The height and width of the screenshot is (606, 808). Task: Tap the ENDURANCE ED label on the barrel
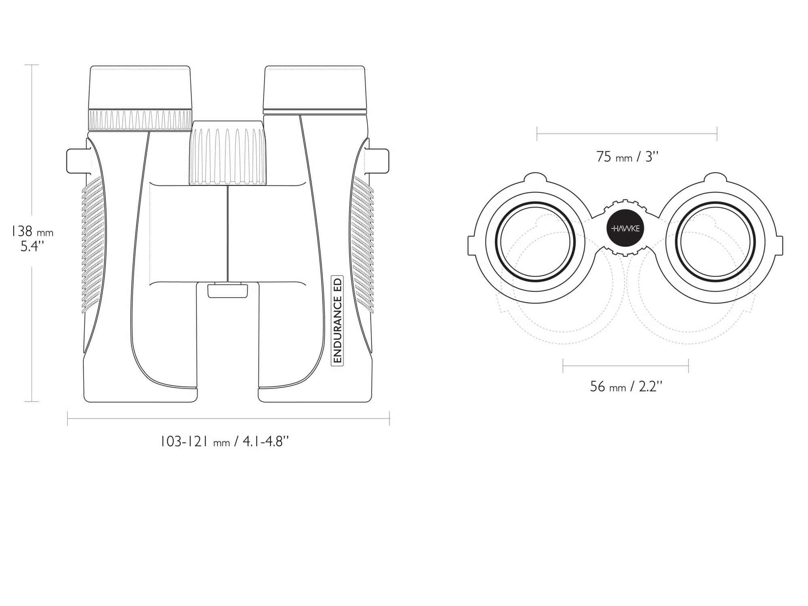coord(337,320)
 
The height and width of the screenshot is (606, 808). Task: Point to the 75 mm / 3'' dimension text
coord(627,157)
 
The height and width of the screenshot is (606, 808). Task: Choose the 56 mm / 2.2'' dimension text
coord(626,387)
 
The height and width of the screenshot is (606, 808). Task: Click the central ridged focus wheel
coord(228,153)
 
